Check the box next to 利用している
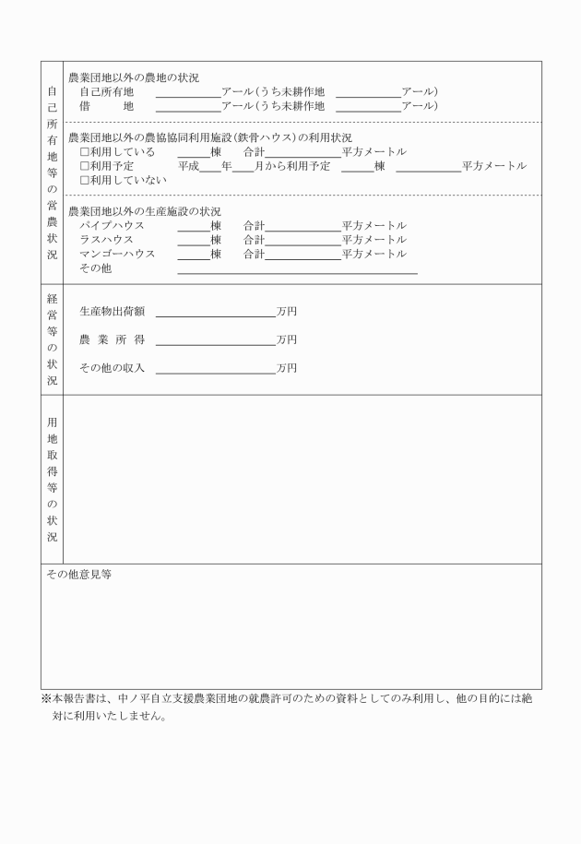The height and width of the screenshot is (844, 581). [x=84, y=152]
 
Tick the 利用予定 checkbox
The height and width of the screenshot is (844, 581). [x=84, y=166]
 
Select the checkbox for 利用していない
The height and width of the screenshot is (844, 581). [x=84, y=180]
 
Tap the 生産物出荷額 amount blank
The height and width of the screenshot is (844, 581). [x=216, y=314]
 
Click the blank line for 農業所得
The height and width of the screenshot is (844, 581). [x=216, y=341]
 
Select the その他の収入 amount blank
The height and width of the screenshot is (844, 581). [x=216, y=370]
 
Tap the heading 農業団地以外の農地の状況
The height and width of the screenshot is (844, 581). [x=134, y=77]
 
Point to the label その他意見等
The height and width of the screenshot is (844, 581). [x=79, y=575]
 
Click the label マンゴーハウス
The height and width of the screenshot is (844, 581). [x=117, y=254]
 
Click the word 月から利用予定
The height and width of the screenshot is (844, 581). [x=292, y=166]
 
